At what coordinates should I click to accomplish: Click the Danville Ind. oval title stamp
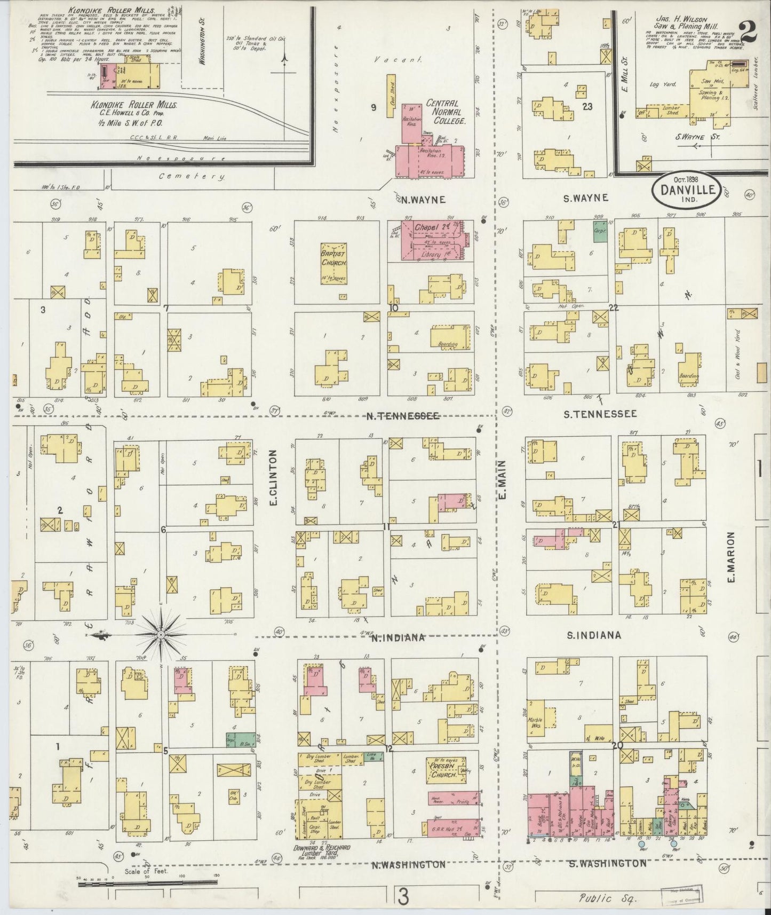click(x=688, y=190)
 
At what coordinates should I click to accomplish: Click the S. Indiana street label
click(x=593, y=635)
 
